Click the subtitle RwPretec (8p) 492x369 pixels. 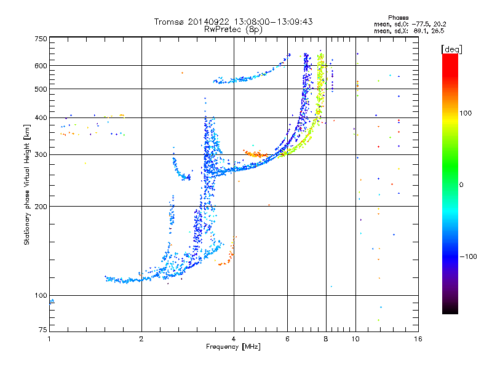click(233, 30)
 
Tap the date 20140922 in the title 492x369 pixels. click(208, 22)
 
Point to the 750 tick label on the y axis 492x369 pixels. click(41, 39)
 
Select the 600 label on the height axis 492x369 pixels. click(41, 66)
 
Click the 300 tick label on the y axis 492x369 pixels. click(41, 155)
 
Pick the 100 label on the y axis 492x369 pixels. click(41, 295)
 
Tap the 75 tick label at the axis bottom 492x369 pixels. click(43, 330)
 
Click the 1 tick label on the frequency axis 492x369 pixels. click(49, 339)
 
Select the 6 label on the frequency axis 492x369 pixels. click(287, 339)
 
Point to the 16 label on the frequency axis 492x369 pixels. click(418, 339)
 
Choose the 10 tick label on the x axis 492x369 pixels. click(355, 339)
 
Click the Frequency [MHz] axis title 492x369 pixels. click(233, 347)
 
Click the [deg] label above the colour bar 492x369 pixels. click(451, 49)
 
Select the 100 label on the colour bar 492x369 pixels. click(466, 113)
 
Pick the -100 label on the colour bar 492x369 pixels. click(469, 256)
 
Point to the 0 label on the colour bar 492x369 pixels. click(461, 185)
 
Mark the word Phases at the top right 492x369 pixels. click(399, 18)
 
